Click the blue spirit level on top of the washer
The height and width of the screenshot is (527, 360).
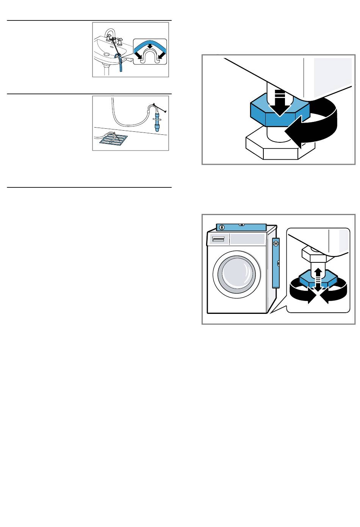[241, 227]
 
